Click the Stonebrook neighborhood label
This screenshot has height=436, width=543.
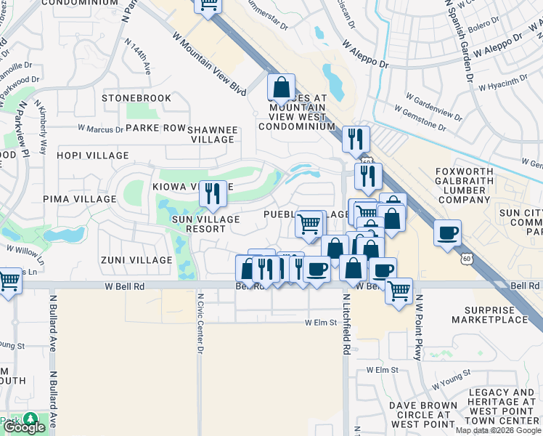pyautogui.click(x=136, y=98)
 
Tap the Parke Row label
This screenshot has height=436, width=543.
pyautogui.click(x=155, y=128)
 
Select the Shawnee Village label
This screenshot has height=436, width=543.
pyautogui.click(x=213, y=134)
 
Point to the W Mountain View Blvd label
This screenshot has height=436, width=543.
pyautogui.click(x=209, y=64)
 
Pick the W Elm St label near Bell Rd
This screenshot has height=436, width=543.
pyautogui.click(x=322, y=322)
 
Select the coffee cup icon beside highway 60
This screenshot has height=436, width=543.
pyautogui.click(x=448, y=233)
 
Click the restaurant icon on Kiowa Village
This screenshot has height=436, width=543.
pyautogui.click(x=213, y=193)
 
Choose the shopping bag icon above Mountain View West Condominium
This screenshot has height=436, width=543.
pyautogui.click(x=281, y=87)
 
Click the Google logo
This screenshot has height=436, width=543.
pyautogui.click(x=24, y=428)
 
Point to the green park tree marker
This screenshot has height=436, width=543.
pyautogui.click(x=30, y=419)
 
